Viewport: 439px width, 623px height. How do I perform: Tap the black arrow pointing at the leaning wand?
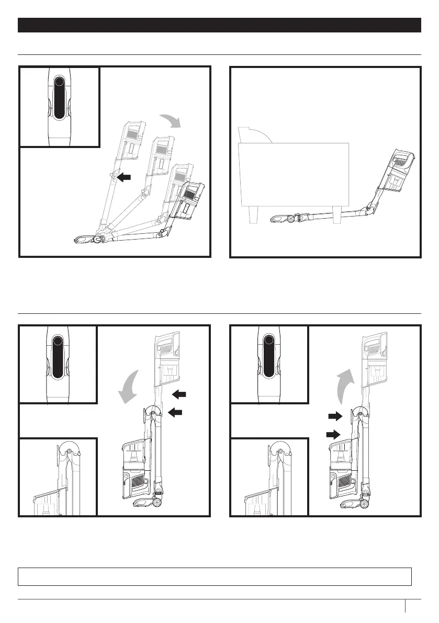124,178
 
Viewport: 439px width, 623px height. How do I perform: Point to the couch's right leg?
337,214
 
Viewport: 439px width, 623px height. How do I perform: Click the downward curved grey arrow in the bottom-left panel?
128,387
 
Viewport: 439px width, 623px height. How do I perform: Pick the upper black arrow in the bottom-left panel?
178,393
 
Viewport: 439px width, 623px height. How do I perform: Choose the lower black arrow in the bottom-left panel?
175,413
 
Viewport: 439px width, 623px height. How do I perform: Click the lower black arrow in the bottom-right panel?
332,434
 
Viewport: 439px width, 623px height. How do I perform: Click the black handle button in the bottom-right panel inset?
268,356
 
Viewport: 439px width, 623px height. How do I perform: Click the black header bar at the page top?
219,25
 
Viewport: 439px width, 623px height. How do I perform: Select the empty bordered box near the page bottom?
215,576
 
